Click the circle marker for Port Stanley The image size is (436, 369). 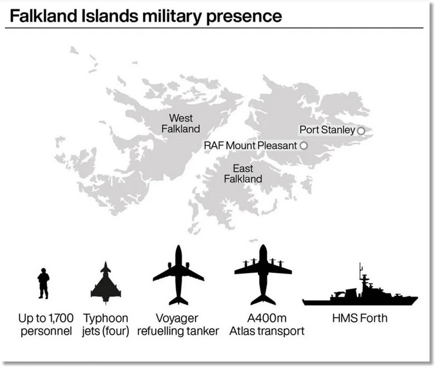361,130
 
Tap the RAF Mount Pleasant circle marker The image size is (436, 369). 304,145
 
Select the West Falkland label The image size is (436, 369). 180,123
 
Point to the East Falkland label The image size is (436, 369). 243,174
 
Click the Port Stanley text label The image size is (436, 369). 327,130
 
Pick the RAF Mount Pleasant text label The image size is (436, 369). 250,145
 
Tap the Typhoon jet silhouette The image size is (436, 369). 105,283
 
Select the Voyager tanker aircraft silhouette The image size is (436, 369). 178,275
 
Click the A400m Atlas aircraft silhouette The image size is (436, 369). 263,275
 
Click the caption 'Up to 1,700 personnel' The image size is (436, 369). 46,325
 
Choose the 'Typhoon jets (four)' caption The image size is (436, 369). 105,325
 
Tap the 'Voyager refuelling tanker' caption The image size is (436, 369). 178,325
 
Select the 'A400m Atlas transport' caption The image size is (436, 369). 266,325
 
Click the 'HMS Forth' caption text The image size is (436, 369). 359,319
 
